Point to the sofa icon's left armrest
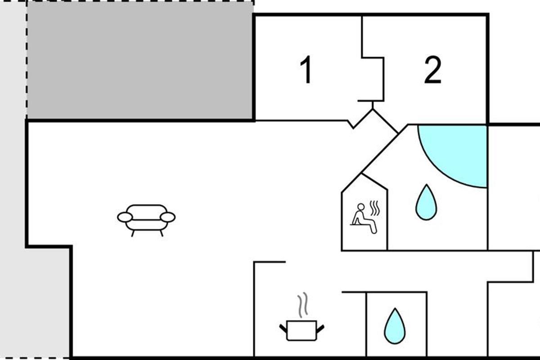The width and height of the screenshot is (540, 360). click(x=125, y=217)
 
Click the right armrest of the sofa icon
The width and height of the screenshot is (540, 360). click(x=167, y=217)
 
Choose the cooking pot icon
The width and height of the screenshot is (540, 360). click(x=301, y=330)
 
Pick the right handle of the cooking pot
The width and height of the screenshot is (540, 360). click(x=320, y=328)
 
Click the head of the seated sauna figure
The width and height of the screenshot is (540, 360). click(x=361, y=207)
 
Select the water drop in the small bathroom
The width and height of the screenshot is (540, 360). click(x=395, y=326)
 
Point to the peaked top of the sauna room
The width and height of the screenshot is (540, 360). click(x=364, y=175)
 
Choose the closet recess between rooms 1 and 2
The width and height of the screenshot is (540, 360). click(x=373, y=79)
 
